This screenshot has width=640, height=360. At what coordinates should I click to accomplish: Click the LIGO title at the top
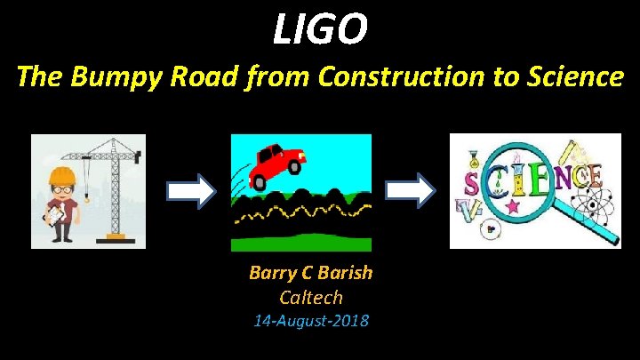320,29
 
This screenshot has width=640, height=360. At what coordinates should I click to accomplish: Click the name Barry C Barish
310,273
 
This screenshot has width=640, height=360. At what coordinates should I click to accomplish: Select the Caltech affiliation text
310,297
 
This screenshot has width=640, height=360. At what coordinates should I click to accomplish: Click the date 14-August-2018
310,320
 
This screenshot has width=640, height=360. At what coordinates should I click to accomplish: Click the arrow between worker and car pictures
190,189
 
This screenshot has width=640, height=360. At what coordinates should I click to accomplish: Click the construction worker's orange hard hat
60,174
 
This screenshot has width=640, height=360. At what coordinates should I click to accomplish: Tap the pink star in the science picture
513,207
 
